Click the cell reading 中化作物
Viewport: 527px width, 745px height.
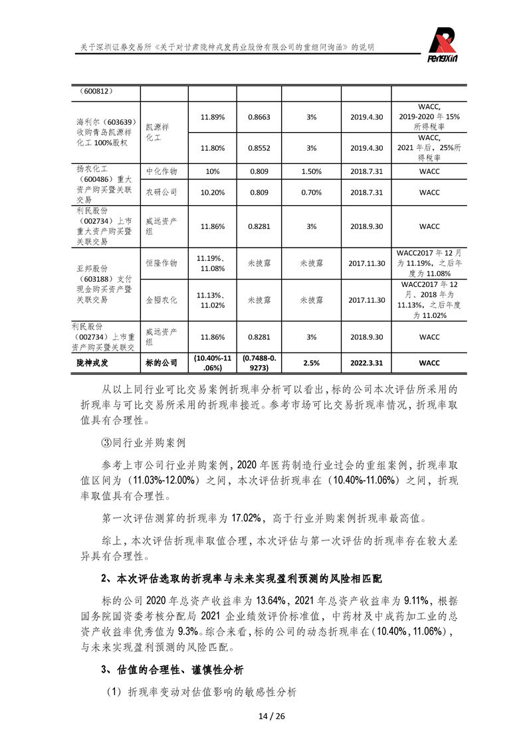click(x=161, y=171)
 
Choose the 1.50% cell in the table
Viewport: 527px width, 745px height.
click(x=311, y=171)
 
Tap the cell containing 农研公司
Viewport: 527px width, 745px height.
click(x=161, y=193)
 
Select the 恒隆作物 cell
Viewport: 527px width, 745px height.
click(x=161, y=263)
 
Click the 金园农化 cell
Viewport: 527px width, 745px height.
click(x=161, y=300)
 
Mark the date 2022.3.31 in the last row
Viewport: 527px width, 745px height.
click(x=367, y=363)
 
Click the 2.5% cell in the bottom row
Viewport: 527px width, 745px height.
click(x=311, y=363)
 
